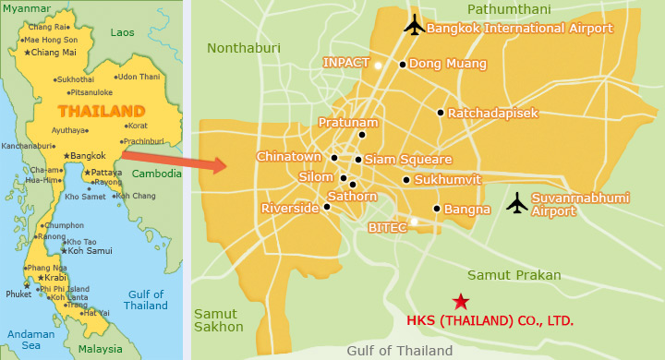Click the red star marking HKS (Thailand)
[x=459, y=301]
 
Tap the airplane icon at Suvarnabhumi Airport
[x=517, y=201]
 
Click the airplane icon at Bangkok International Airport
[x=415, y=24]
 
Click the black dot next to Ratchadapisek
[x=441, y=113]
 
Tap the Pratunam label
[x=348, y=122]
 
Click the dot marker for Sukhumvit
[x=406, y=180]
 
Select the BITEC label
[x=387, y=226]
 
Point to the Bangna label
[x=466, y=210]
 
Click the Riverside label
[x=290, y=209]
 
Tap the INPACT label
[x=345, y=63]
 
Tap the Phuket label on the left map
[x=18, y=295]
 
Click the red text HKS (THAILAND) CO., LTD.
[x=490, y=322]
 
